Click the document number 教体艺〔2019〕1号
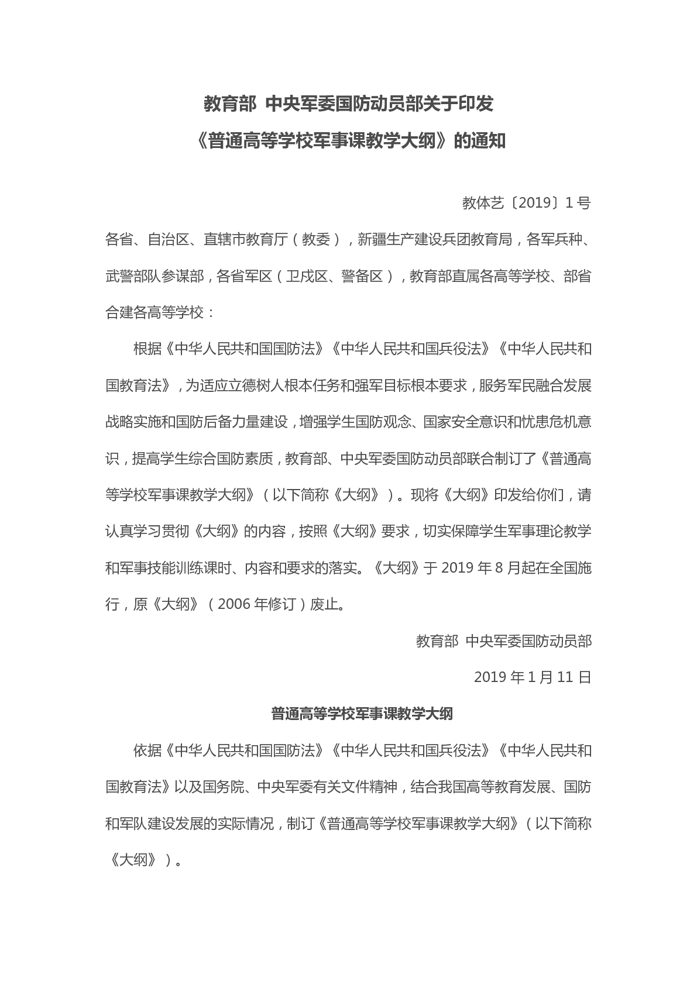(x=526, y=203)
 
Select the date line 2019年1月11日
(x=533, y=677)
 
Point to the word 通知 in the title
(x=488, y=141)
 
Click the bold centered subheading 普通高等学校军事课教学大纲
(x=362, y=714)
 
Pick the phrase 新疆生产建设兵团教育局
(x=435, y=239)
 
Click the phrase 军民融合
(x=535, y=385)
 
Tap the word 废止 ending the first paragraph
(x=324, y=604)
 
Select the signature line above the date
(x=504, y=641)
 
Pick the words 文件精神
(x=368, y=787)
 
